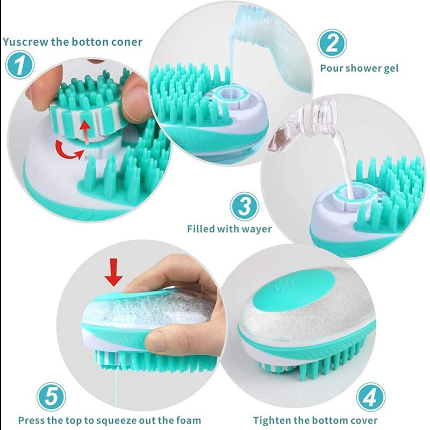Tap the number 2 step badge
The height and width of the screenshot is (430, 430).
tap(332, 43)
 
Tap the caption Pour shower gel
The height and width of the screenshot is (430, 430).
tap(359, 68)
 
